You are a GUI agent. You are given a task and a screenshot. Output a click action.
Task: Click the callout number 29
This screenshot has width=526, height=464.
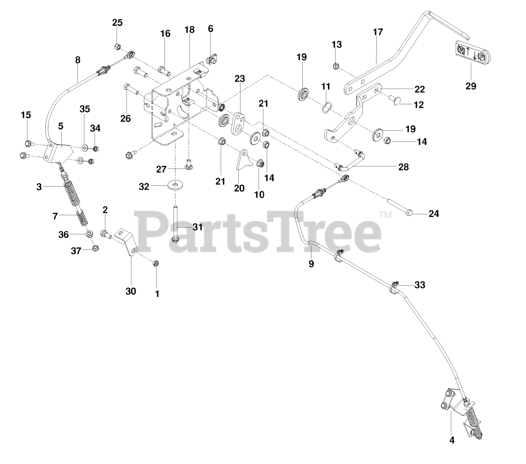tap(471, 86)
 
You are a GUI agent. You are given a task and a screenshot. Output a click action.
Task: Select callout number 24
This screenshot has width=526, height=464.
tap(434, 214)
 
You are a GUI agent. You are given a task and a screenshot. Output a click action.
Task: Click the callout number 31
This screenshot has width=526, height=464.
tap(198, 227)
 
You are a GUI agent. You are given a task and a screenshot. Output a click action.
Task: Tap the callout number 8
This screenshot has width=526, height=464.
tap(78, 60)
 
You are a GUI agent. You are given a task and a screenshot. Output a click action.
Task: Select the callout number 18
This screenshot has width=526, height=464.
tap(189, 30)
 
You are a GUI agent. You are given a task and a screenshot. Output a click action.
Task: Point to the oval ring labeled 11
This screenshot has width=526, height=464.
tap(326, 108)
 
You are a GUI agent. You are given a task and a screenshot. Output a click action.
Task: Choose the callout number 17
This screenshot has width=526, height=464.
tap(378, 32)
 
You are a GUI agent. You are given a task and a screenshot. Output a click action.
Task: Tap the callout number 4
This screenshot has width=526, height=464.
tap(452, 440)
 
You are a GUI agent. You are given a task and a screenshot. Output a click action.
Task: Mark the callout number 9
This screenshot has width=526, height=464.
tap(311, 263)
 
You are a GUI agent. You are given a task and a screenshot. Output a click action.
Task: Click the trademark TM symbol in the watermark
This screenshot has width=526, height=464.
tap(385, 215)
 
